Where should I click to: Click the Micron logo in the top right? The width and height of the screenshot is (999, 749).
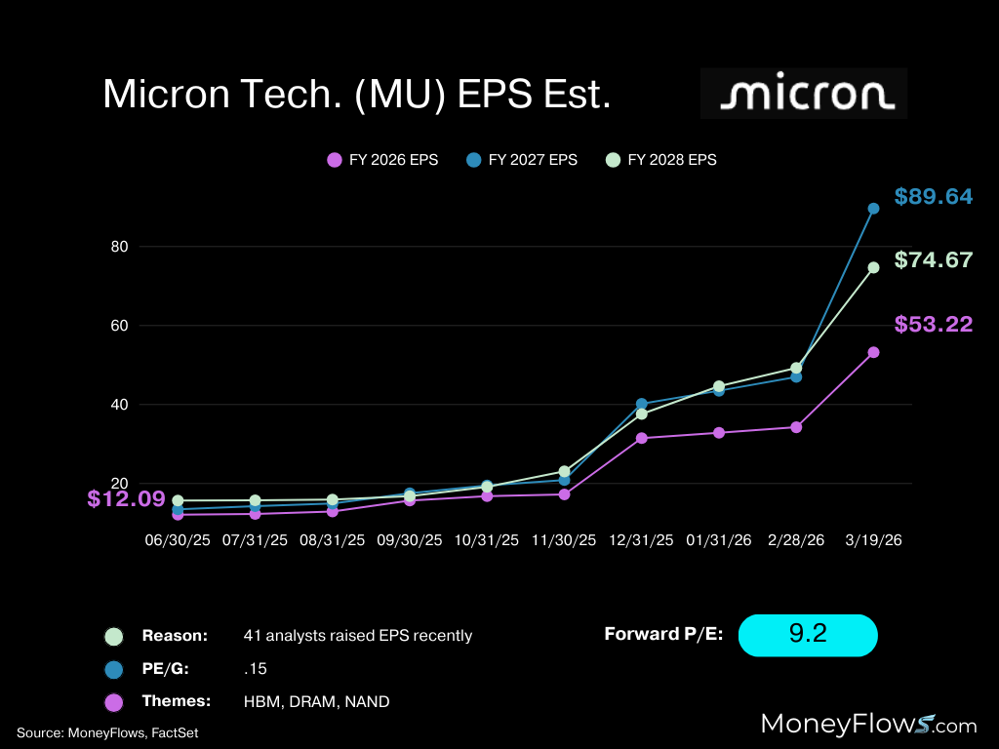tap(804, 94)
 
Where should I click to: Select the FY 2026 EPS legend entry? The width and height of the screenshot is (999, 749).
tap(381, 160)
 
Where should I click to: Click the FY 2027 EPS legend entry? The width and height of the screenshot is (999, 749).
tap(521, 160)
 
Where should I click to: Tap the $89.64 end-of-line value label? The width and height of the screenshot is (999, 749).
tap(933, 197)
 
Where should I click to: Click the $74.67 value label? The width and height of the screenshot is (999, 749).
tap(933, 260)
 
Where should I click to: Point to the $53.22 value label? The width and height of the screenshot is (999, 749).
tap(933, 325)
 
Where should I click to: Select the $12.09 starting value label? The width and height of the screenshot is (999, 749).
tap(126, 499)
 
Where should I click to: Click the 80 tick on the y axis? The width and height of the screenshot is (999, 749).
tap(120, 247)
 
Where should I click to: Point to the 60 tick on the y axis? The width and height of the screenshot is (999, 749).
tap(120, 326)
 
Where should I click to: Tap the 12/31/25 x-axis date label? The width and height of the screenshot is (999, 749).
tap(641, 539)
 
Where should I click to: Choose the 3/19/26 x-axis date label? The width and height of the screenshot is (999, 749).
tap(872, 539)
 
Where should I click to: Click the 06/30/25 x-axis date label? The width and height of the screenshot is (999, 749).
tap(178, 539)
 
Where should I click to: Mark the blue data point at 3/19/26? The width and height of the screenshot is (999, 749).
tap(873, 208)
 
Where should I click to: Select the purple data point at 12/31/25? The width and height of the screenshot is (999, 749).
tap(642, 438)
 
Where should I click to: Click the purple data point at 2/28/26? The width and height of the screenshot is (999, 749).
tap(796, 427)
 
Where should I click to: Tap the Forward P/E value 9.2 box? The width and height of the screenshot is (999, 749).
tap(808, 635)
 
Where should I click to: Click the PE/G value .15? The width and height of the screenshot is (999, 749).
tap(255, 668)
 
